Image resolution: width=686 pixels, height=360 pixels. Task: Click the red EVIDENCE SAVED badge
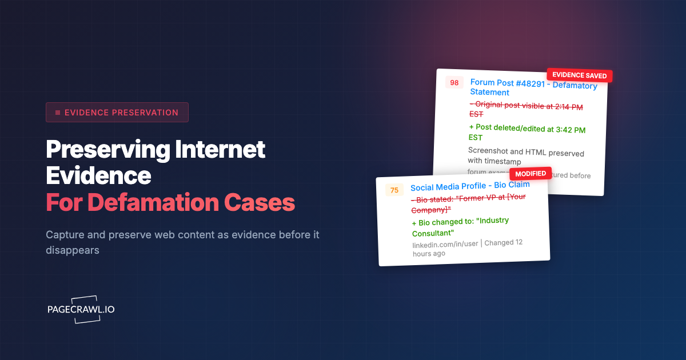580,75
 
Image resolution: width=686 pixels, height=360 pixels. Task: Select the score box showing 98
454,83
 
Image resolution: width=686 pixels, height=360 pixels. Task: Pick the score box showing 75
394,190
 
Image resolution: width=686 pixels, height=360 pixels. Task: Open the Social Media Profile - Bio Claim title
470,186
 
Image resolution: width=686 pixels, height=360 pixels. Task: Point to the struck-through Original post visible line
526,109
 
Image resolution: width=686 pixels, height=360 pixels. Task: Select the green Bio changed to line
460,226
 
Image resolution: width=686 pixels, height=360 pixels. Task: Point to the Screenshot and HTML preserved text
525,157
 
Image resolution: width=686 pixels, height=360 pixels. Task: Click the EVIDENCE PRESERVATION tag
117,113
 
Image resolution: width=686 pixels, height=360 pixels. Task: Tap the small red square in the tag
58,113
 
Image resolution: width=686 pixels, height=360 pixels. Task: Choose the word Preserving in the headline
107,150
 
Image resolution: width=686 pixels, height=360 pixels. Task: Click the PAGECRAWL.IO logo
81,309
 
